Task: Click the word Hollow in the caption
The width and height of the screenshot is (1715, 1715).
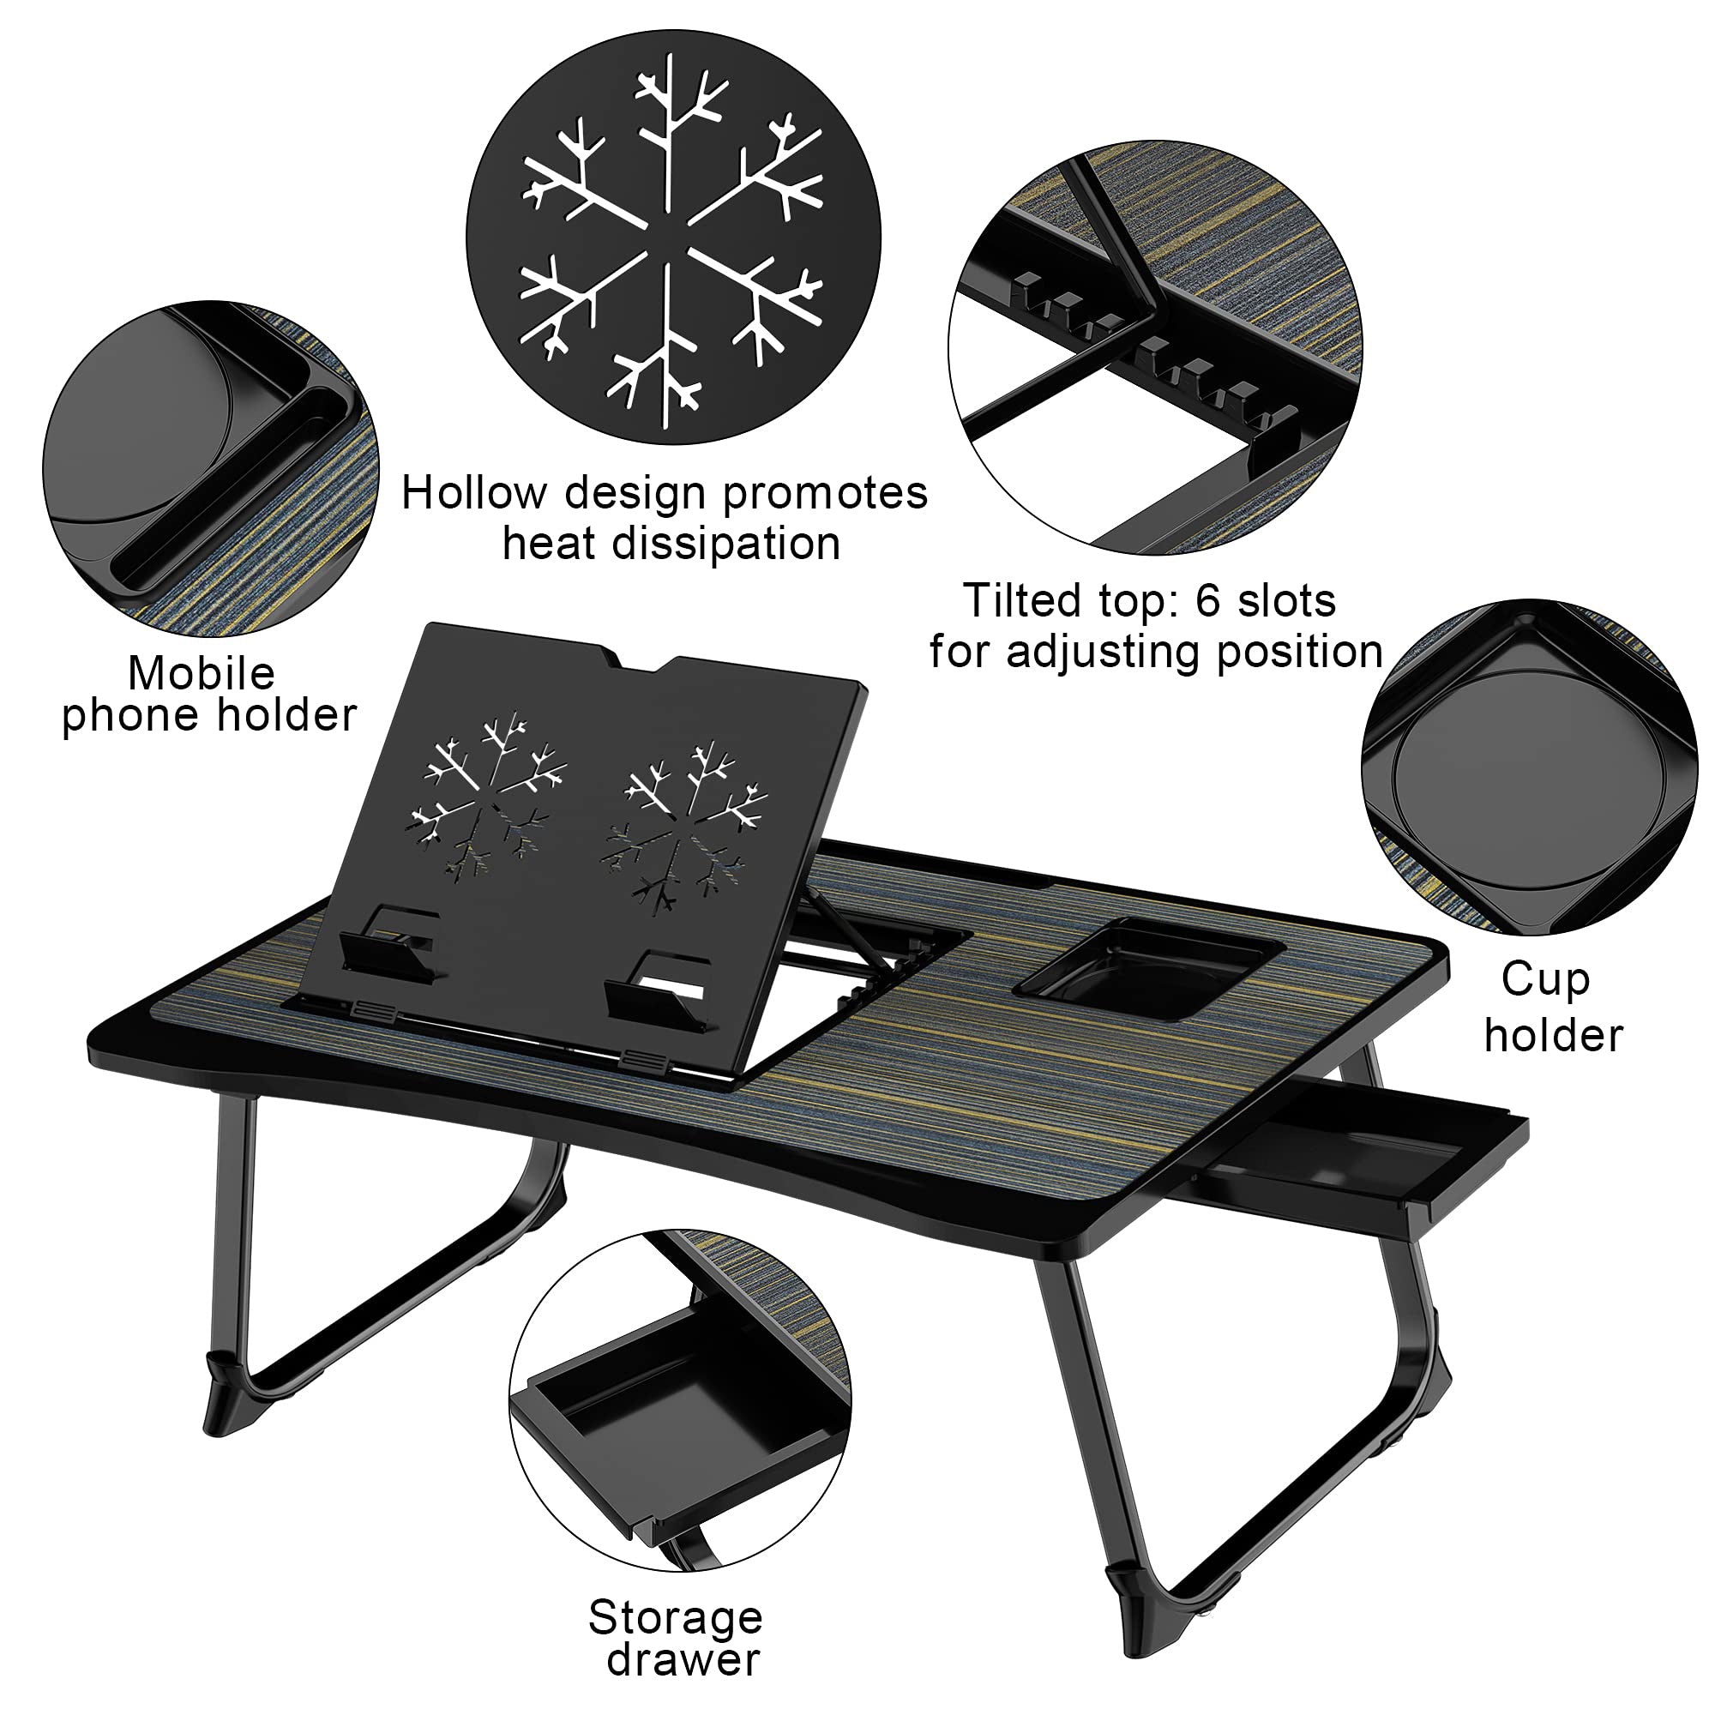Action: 471,493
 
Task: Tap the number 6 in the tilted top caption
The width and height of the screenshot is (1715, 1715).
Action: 1209,601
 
